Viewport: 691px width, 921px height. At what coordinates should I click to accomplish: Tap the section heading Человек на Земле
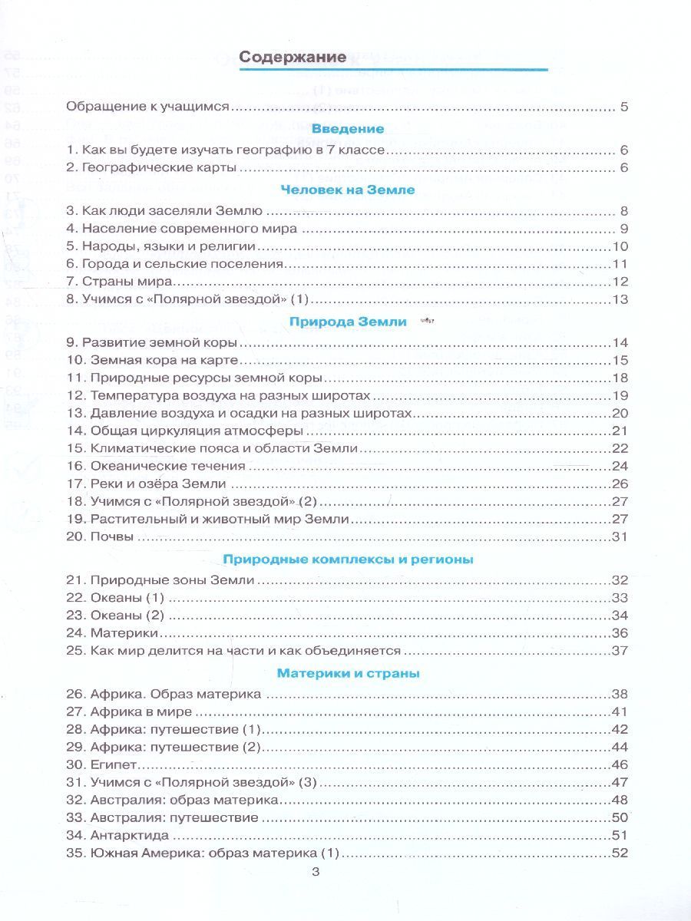pyautogui.click(x=347, y=190)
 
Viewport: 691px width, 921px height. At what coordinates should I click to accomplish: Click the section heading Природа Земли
pyautogui.click(x=347, y=322)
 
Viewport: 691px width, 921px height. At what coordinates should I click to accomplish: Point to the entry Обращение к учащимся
pyautogui.click(x=148, y=107)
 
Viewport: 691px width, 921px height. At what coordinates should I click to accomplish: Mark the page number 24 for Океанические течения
pyautogui.click(x=620, y=465)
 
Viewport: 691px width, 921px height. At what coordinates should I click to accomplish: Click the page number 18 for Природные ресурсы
pyautogui.click(x=620, y=378)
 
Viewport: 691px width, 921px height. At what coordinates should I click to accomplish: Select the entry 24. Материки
pyautogui.click(x=113, y=632)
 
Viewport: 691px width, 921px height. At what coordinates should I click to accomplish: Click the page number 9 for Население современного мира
pyautogui.click(x=623, y=229)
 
